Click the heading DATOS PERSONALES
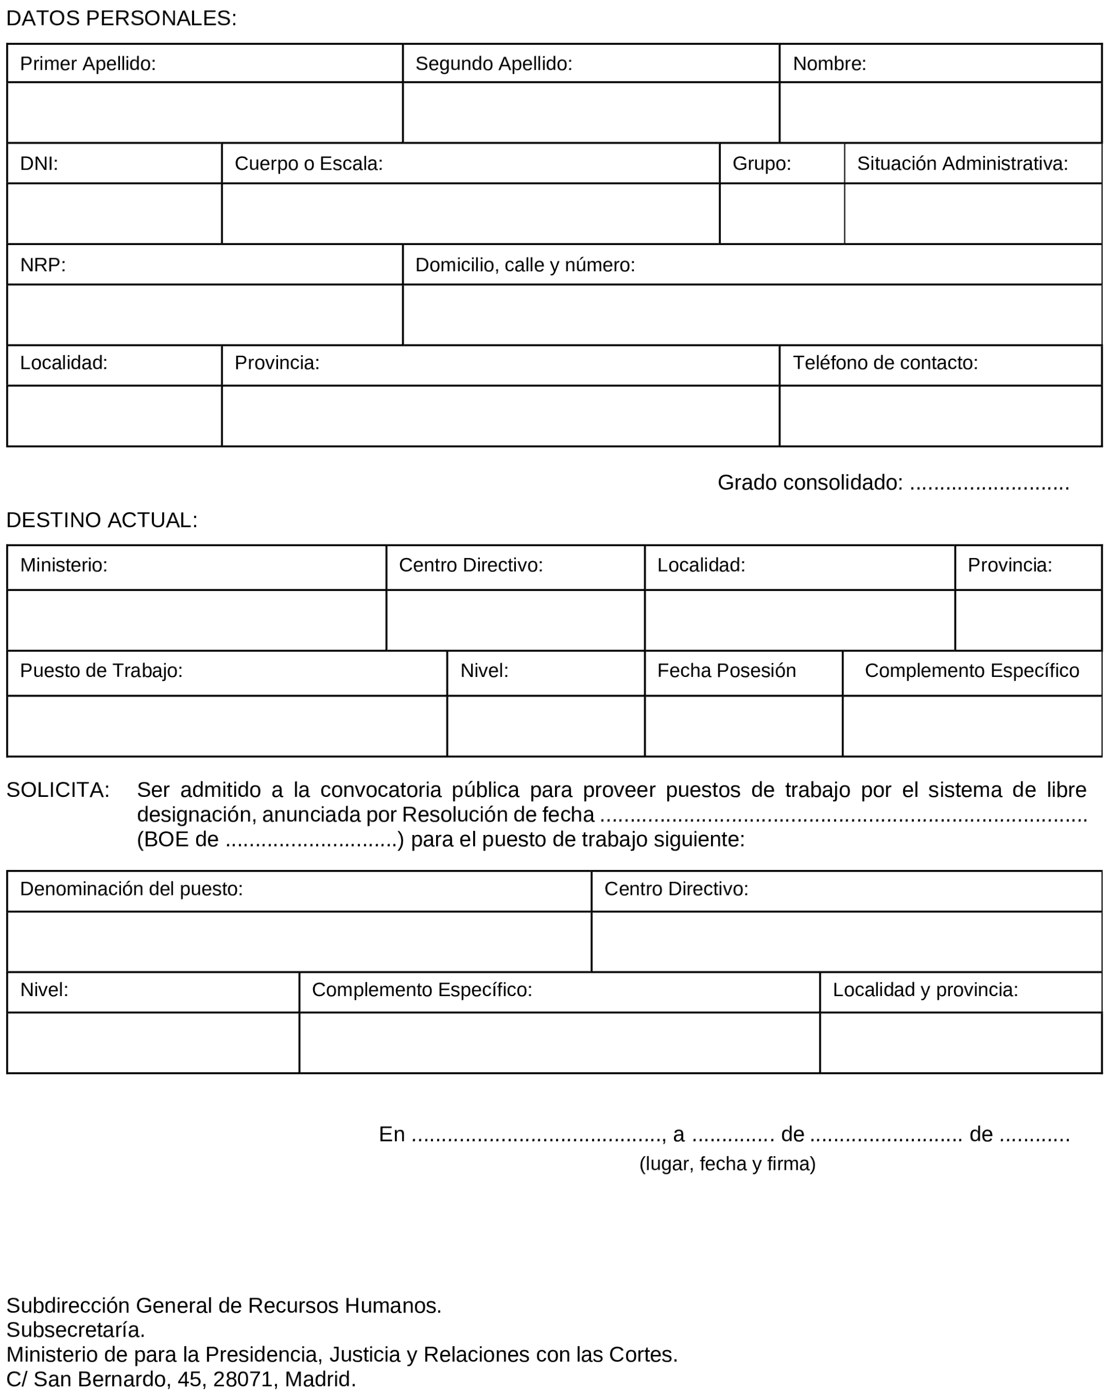(122, 19)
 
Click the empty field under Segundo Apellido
(590, 113)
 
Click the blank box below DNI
(114, 214)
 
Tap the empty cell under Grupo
(781, 214)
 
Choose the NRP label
(43, 265)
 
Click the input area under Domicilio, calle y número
(752, 314)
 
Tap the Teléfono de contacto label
(885, 363)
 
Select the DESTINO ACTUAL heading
(102, 520)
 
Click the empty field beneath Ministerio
(197, 620)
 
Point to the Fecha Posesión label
(727, 671)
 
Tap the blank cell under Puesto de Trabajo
(227, 726)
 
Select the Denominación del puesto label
(131, 889)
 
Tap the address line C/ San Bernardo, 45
(181, 1379)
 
